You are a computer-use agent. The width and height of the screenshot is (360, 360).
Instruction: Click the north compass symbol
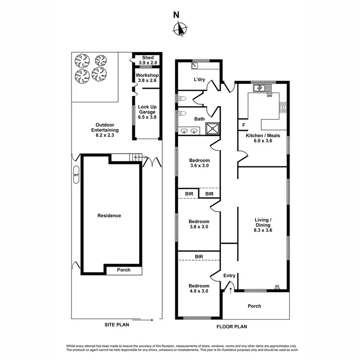coord(180,30)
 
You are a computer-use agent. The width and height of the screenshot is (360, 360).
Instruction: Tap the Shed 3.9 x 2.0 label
coord(148,60)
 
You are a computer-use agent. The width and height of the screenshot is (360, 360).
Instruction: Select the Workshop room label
coord(147,78)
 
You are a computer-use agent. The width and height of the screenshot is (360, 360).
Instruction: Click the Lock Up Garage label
coord(147,112)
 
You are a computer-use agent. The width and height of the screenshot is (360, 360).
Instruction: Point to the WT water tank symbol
coord(76,176)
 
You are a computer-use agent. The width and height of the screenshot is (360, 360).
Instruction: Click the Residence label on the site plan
coord(109,216)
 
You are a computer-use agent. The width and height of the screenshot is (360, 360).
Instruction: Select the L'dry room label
coord(199,80)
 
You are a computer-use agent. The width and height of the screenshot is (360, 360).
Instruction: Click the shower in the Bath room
coord(212,128)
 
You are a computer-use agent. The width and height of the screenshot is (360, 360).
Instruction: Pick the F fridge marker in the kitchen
coord(244,125)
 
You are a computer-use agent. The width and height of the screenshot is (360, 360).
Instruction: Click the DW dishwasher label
coord(269,96)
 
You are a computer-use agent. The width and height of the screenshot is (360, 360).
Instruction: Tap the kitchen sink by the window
coord(260,88)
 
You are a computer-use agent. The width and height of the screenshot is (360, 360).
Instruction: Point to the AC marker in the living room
coord(277,287)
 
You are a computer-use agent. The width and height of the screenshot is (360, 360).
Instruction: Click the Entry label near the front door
coord(229,276)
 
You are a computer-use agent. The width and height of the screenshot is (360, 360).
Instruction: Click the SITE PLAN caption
coord(117,324)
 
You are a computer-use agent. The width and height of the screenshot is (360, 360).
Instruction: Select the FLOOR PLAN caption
coord(232,327)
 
